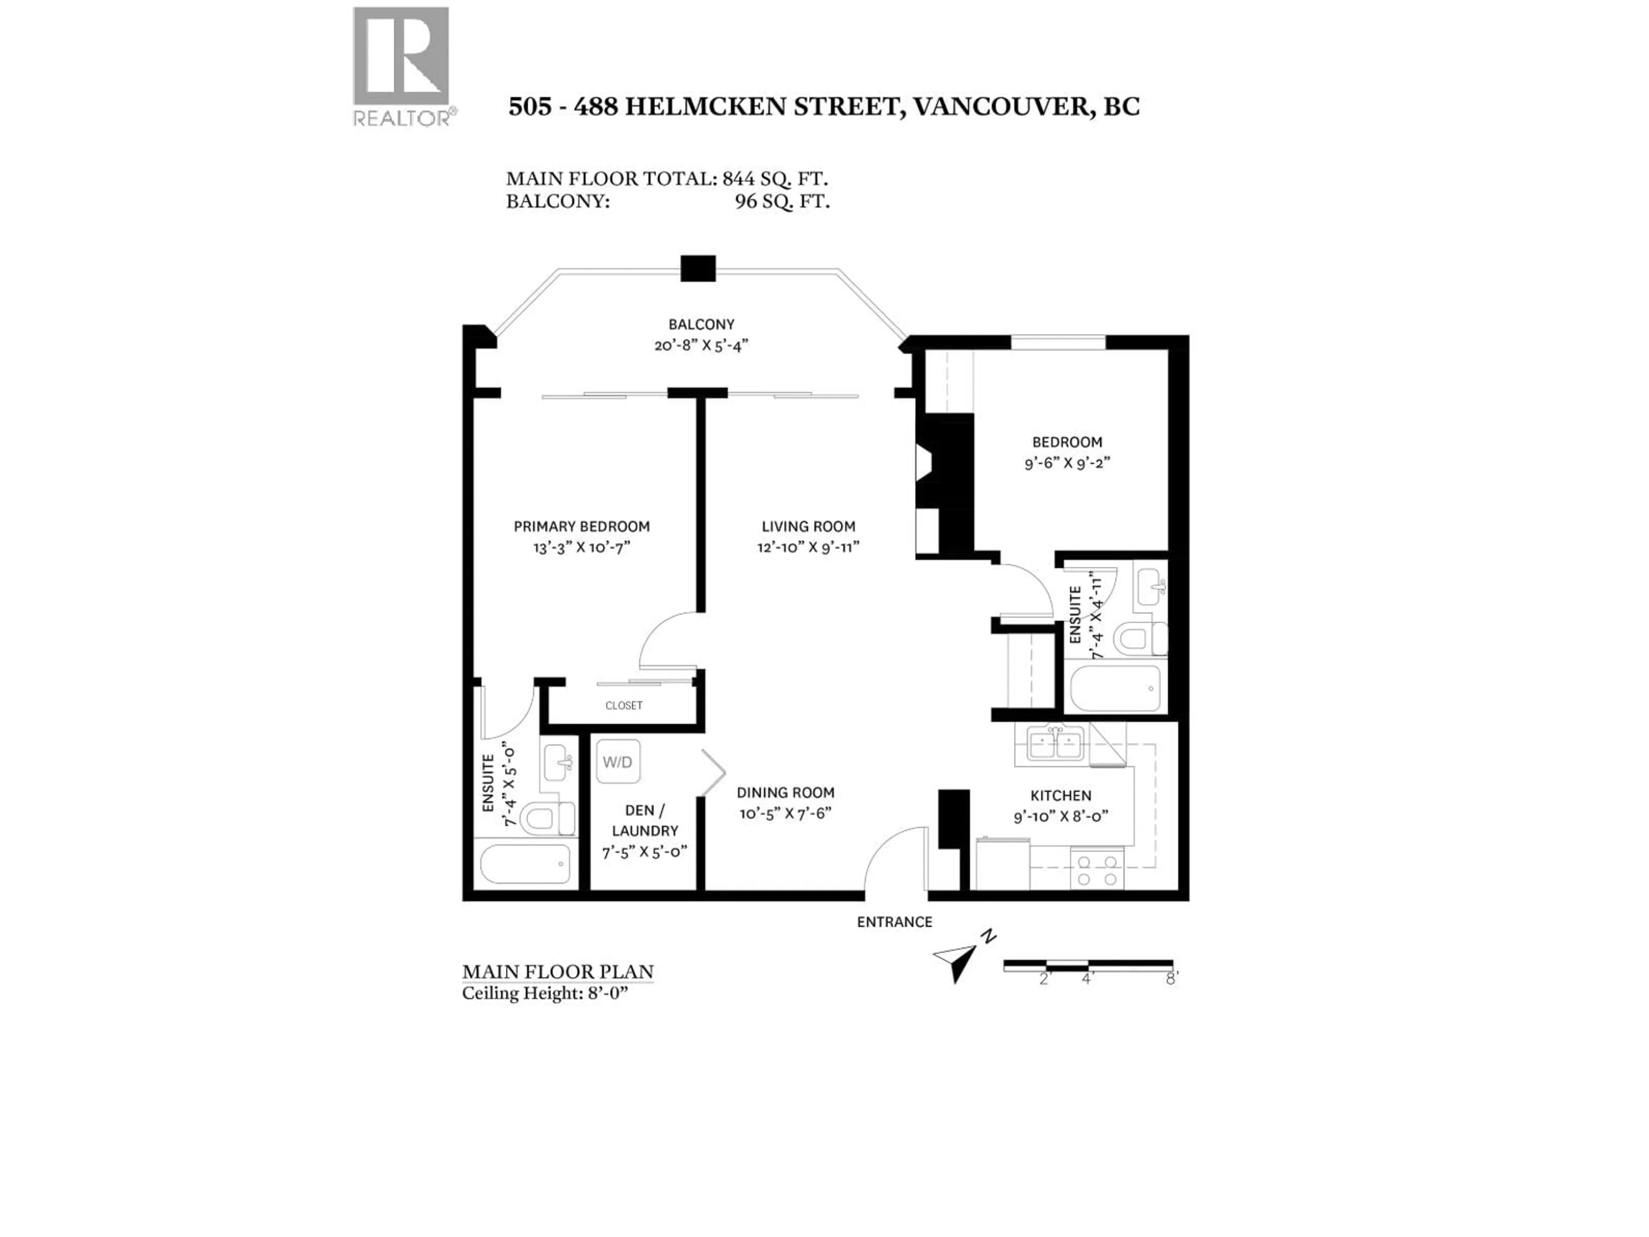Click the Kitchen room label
tap(1060, 795)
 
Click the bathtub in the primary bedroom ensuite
tap(526, 864)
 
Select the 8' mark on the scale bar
tap(1172, 978)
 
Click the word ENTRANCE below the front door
tap(894, 922)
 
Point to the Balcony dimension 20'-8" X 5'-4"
tap(701, 345)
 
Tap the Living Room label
tap(808, 527)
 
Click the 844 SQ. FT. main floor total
tap(775, 179)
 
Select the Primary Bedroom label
tap(581, 527)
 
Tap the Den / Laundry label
tap(645, 820)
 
